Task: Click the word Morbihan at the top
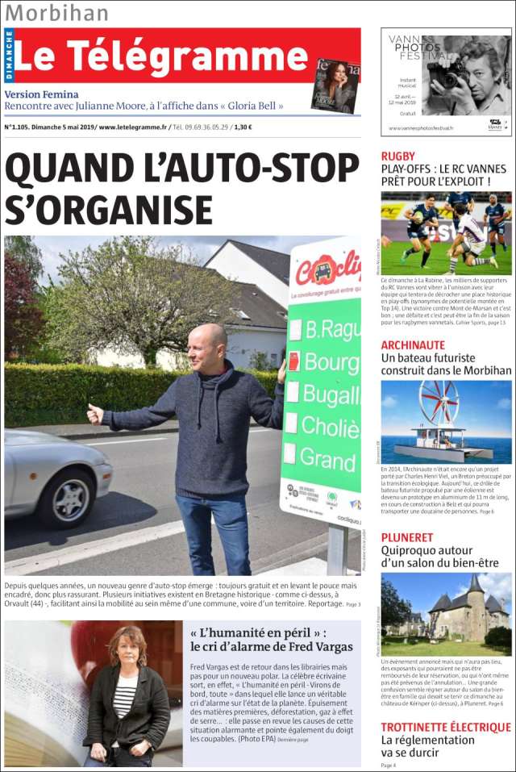pyautogui.click(x=56, y=13)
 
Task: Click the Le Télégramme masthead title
pyautogui.click(x=161, y=55)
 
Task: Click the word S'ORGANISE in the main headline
pyautogui.click(x=109, y=209)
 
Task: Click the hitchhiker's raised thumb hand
pyautogui.click(x=95, y=414)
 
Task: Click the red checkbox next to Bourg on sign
pyautogui.click(x=293, y=361)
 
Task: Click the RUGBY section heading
pyautogui.click(x=398, y=156)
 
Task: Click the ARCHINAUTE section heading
pyautogui.click(x=413, y=344)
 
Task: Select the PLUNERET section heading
pyautogui.click(x=407, y=536)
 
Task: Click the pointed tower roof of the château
pyautogui.click(x=475, y=583)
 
